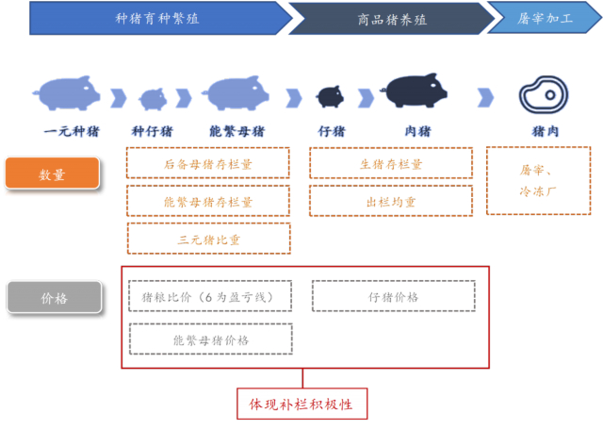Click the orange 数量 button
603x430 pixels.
[x=53, y=174]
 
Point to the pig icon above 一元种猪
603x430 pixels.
[x=68, y=92]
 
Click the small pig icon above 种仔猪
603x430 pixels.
[x=153, y=97]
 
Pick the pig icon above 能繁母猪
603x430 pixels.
[x=239, y=92]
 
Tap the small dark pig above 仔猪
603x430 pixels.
[x=330, y=95]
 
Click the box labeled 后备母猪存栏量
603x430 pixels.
[x=208, y=164]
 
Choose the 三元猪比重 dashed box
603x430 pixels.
[x=208, y=240]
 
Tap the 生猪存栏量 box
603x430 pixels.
[x=391, y=164]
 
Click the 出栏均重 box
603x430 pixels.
[x=391, y=202]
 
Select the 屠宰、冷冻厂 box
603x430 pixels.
[x=538, y=180]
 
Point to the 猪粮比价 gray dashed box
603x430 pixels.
[x=207, y=297]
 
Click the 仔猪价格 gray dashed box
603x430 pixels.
[x=393, y=297]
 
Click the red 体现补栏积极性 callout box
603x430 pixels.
[x=301, y=404]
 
